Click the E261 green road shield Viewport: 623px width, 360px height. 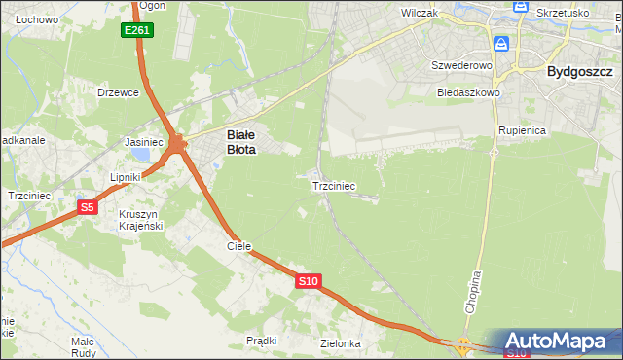(137, 31)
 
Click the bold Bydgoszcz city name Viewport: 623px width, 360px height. (579, 71)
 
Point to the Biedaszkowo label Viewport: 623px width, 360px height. (468, 92)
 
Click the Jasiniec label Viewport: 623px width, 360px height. (144, 142)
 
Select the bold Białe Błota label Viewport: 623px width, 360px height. (241, 143)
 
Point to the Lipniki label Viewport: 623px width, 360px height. (126, 177)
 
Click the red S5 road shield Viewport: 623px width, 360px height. (88, 206)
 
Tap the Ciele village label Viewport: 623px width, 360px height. (239, 247)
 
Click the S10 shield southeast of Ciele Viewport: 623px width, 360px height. (308, 281)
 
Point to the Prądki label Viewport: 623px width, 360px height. (262, 341)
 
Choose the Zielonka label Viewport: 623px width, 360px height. (341, 344)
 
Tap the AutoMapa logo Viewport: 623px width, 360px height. (559, 342)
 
